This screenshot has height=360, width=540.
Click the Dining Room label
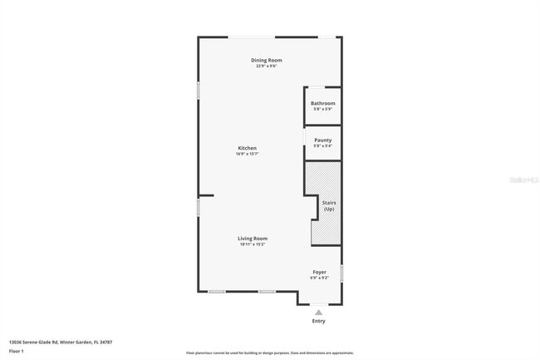click(x=267, y=60)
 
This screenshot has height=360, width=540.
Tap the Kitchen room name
click(x=248, y=148)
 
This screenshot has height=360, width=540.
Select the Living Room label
click(x=253, y=239)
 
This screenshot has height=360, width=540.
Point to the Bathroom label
click(x=322, y=103)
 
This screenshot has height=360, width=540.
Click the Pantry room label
click(x=322, y=140)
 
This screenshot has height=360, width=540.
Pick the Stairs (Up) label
click(x=329, y=205)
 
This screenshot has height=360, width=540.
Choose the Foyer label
click(x=319, y=272)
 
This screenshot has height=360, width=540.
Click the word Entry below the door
click(x=319, y=321)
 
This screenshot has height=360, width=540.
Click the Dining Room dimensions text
click(x=267, y=66)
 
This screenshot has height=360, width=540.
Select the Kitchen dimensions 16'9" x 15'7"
click(x=248, y=154)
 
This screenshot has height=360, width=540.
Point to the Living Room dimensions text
click(x=253, y=244)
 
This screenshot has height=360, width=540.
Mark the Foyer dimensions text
click(x=319, y=278)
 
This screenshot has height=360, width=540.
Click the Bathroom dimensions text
click(x=322, y=109)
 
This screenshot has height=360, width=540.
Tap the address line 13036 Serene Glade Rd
click(x=61, y=342)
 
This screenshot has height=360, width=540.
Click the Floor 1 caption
click(x=17, y=351)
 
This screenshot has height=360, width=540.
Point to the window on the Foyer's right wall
click(x=341, y=273)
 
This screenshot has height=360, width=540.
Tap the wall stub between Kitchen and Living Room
click(x=206, y=196)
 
